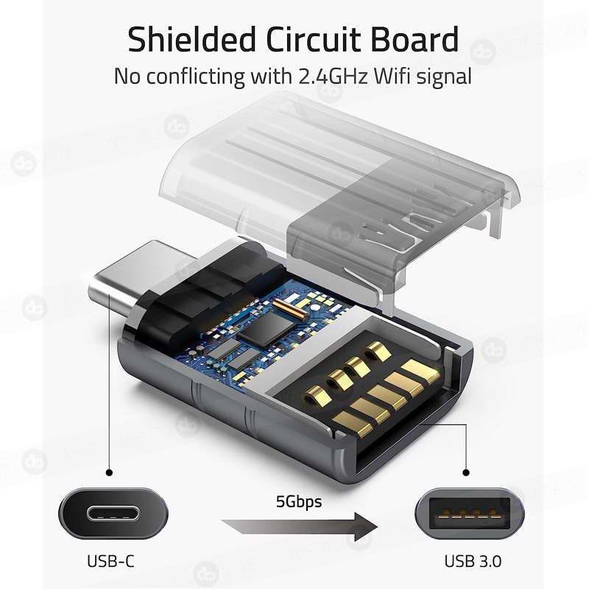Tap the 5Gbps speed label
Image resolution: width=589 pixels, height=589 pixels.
(x=299, y=503)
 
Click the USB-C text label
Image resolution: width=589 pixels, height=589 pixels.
(x=110, y=561)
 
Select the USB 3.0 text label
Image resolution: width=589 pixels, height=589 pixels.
(x=473, y=561)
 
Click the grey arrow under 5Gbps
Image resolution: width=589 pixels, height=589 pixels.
(x=298, y=527)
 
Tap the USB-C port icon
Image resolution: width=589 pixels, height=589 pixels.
(x=110, y=513)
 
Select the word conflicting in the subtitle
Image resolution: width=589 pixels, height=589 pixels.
(x=203, y=76)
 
